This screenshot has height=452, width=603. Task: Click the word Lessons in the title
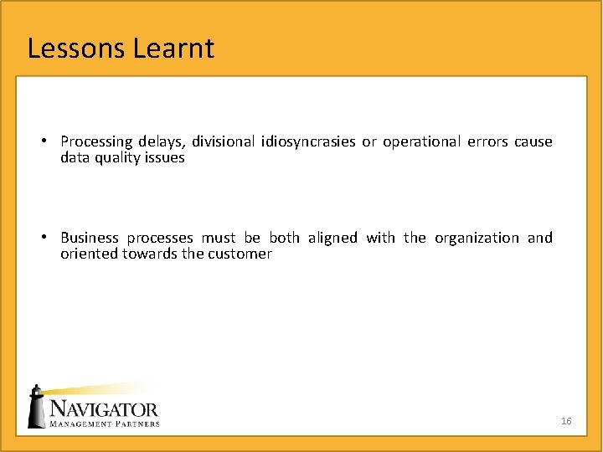tap(76, 49)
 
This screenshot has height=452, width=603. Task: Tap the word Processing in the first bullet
tap(96, 142)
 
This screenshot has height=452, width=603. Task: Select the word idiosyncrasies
tap(308, 142)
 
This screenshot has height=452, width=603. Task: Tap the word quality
tap(120, 157)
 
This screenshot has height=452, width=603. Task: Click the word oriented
tap(89, 254)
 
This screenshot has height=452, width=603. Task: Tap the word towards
tap(150, 254)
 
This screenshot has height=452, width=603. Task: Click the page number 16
tap(566, 421)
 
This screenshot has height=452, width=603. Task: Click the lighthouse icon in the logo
tap(36, 407)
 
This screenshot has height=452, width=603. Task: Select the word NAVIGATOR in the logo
tap(105, 409)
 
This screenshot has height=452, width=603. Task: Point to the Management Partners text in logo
tap(105, 424)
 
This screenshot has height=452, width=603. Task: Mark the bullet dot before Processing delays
tap(51, 141)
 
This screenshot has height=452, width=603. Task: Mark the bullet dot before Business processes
tap(51, 237)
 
